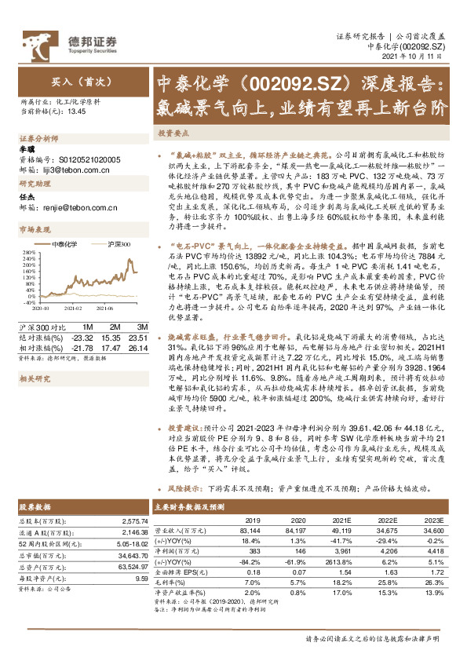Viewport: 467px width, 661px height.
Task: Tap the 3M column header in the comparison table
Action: (142, 327)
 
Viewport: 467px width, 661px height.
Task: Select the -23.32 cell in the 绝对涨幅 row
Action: (82, 336)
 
